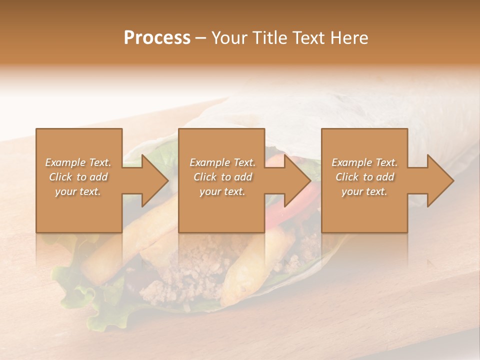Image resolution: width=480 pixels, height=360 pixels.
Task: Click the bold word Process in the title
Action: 157,37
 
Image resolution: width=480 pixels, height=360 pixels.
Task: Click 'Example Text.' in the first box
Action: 78,162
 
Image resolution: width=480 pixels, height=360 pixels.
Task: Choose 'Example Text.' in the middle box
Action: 222,162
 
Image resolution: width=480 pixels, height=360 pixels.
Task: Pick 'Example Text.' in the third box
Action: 364,162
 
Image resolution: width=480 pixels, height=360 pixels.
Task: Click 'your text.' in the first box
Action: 77,191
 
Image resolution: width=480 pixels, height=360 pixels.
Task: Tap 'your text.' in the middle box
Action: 222,191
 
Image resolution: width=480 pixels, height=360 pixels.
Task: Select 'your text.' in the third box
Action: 364,191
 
